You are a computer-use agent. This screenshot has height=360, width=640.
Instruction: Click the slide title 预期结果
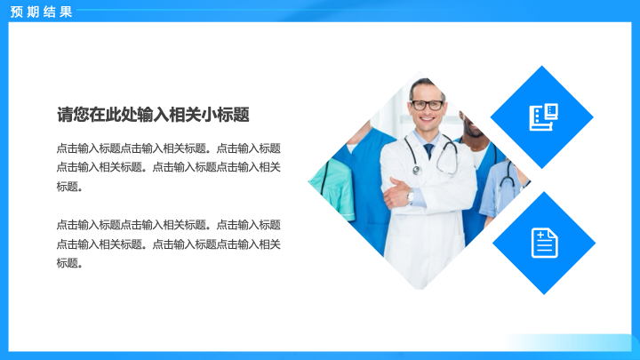[x=41, y=12]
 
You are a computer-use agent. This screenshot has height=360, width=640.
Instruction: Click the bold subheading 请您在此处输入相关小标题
[x=153, y=115]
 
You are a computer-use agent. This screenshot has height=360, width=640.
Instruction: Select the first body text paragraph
[x=168, y=167]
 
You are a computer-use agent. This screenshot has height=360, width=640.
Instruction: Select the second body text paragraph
[x=168, y=244]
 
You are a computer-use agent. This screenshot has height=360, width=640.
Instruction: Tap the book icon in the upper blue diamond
[x=543, y=117]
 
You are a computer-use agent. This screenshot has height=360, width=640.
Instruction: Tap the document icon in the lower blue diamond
[x=545, y=244]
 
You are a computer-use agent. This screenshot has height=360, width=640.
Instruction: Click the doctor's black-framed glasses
[x=427, y=105]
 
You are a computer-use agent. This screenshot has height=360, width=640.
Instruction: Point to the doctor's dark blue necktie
[x=428, y=151]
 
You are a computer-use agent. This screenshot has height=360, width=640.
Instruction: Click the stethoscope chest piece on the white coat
[x=416, y=170]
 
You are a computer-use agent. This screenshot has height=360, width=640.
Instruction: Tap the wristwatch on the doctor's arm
[x=410, y=196]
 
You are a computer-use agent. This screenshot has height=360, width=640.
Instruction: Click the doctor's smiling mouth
[x=427, y=119]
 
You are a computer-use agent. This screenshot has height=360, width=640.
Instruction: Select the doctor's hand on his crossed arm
[x=395, y=192]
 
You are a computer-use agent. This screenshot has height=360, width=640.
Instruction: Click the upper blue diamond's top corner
[x=542, y=66]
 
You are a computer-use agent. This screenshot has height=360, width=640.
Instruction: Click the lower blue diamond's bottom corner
[x=544, y=294]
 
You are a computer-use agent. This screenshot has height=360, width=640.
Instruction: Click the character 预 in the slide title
[x=17, y=12]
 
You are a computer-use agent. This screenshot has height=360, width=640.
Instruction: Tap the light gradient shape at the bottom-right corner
[x=572, y=343]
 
